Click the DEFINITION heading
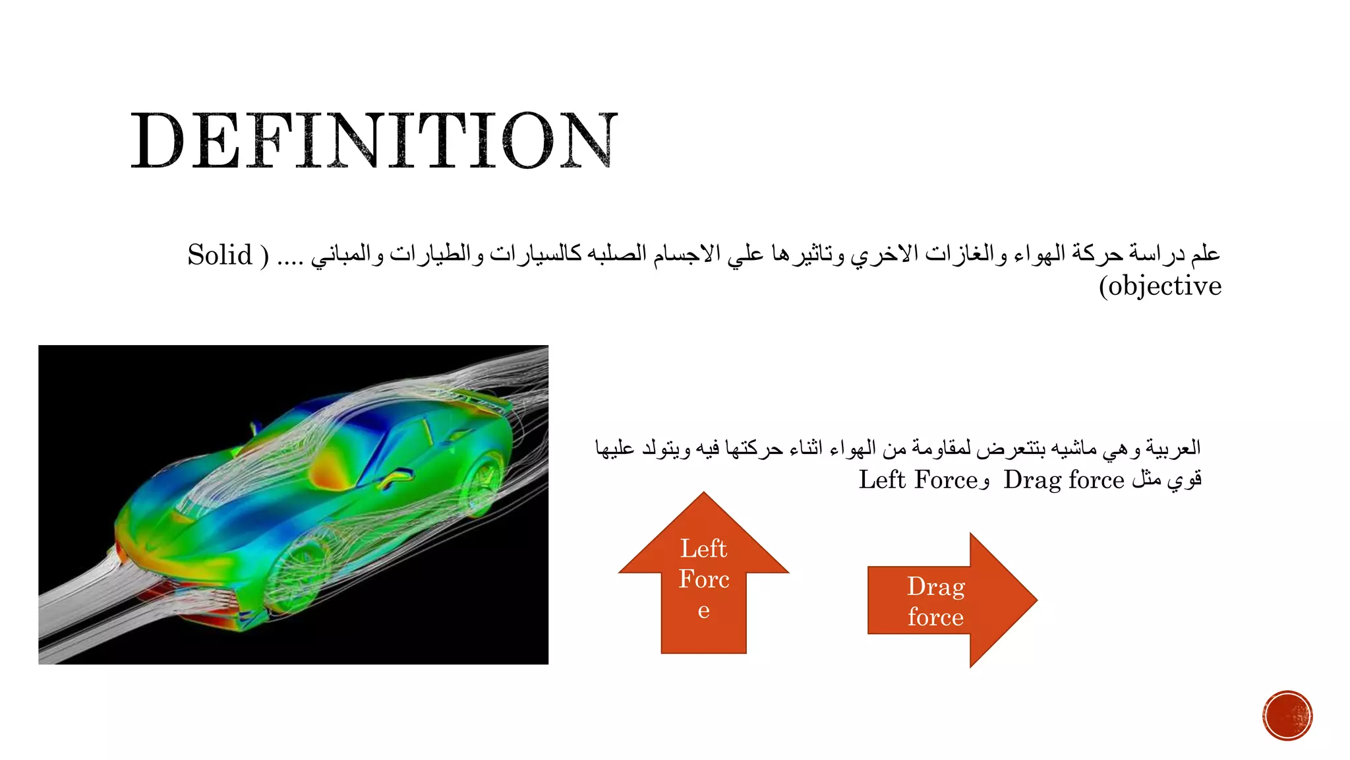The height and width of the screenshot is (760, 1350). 374,141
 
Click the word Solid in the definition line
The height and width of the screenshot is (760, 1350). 220,255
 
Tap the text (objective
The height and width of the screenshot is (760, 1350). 1159,286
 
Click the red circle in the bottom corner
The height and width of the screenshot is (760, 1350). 1287,716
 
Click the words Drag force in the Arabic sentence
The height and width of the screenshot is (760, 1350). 1063,480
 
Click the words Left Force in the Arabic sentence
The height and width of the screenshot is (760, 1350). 918,480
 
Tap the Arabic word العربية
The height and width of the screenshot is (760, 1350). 1173,449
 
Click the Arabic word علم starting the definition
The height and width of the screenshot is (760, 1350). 1206,253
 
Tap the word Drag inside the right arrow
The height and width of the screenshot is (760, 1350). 935,586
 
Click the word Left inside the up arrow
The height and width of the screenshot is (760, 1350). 703,549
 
